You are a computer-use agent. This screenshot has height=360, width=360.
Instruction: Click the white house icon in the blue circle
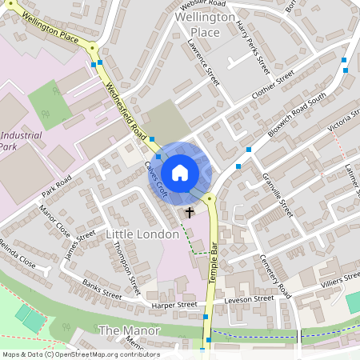(180, 172)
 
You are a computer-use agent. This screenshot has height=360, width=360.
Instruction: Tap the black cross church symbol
(190, 213)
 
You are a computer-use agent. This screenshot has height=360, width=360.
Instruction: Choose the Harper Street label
(175, 305)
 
